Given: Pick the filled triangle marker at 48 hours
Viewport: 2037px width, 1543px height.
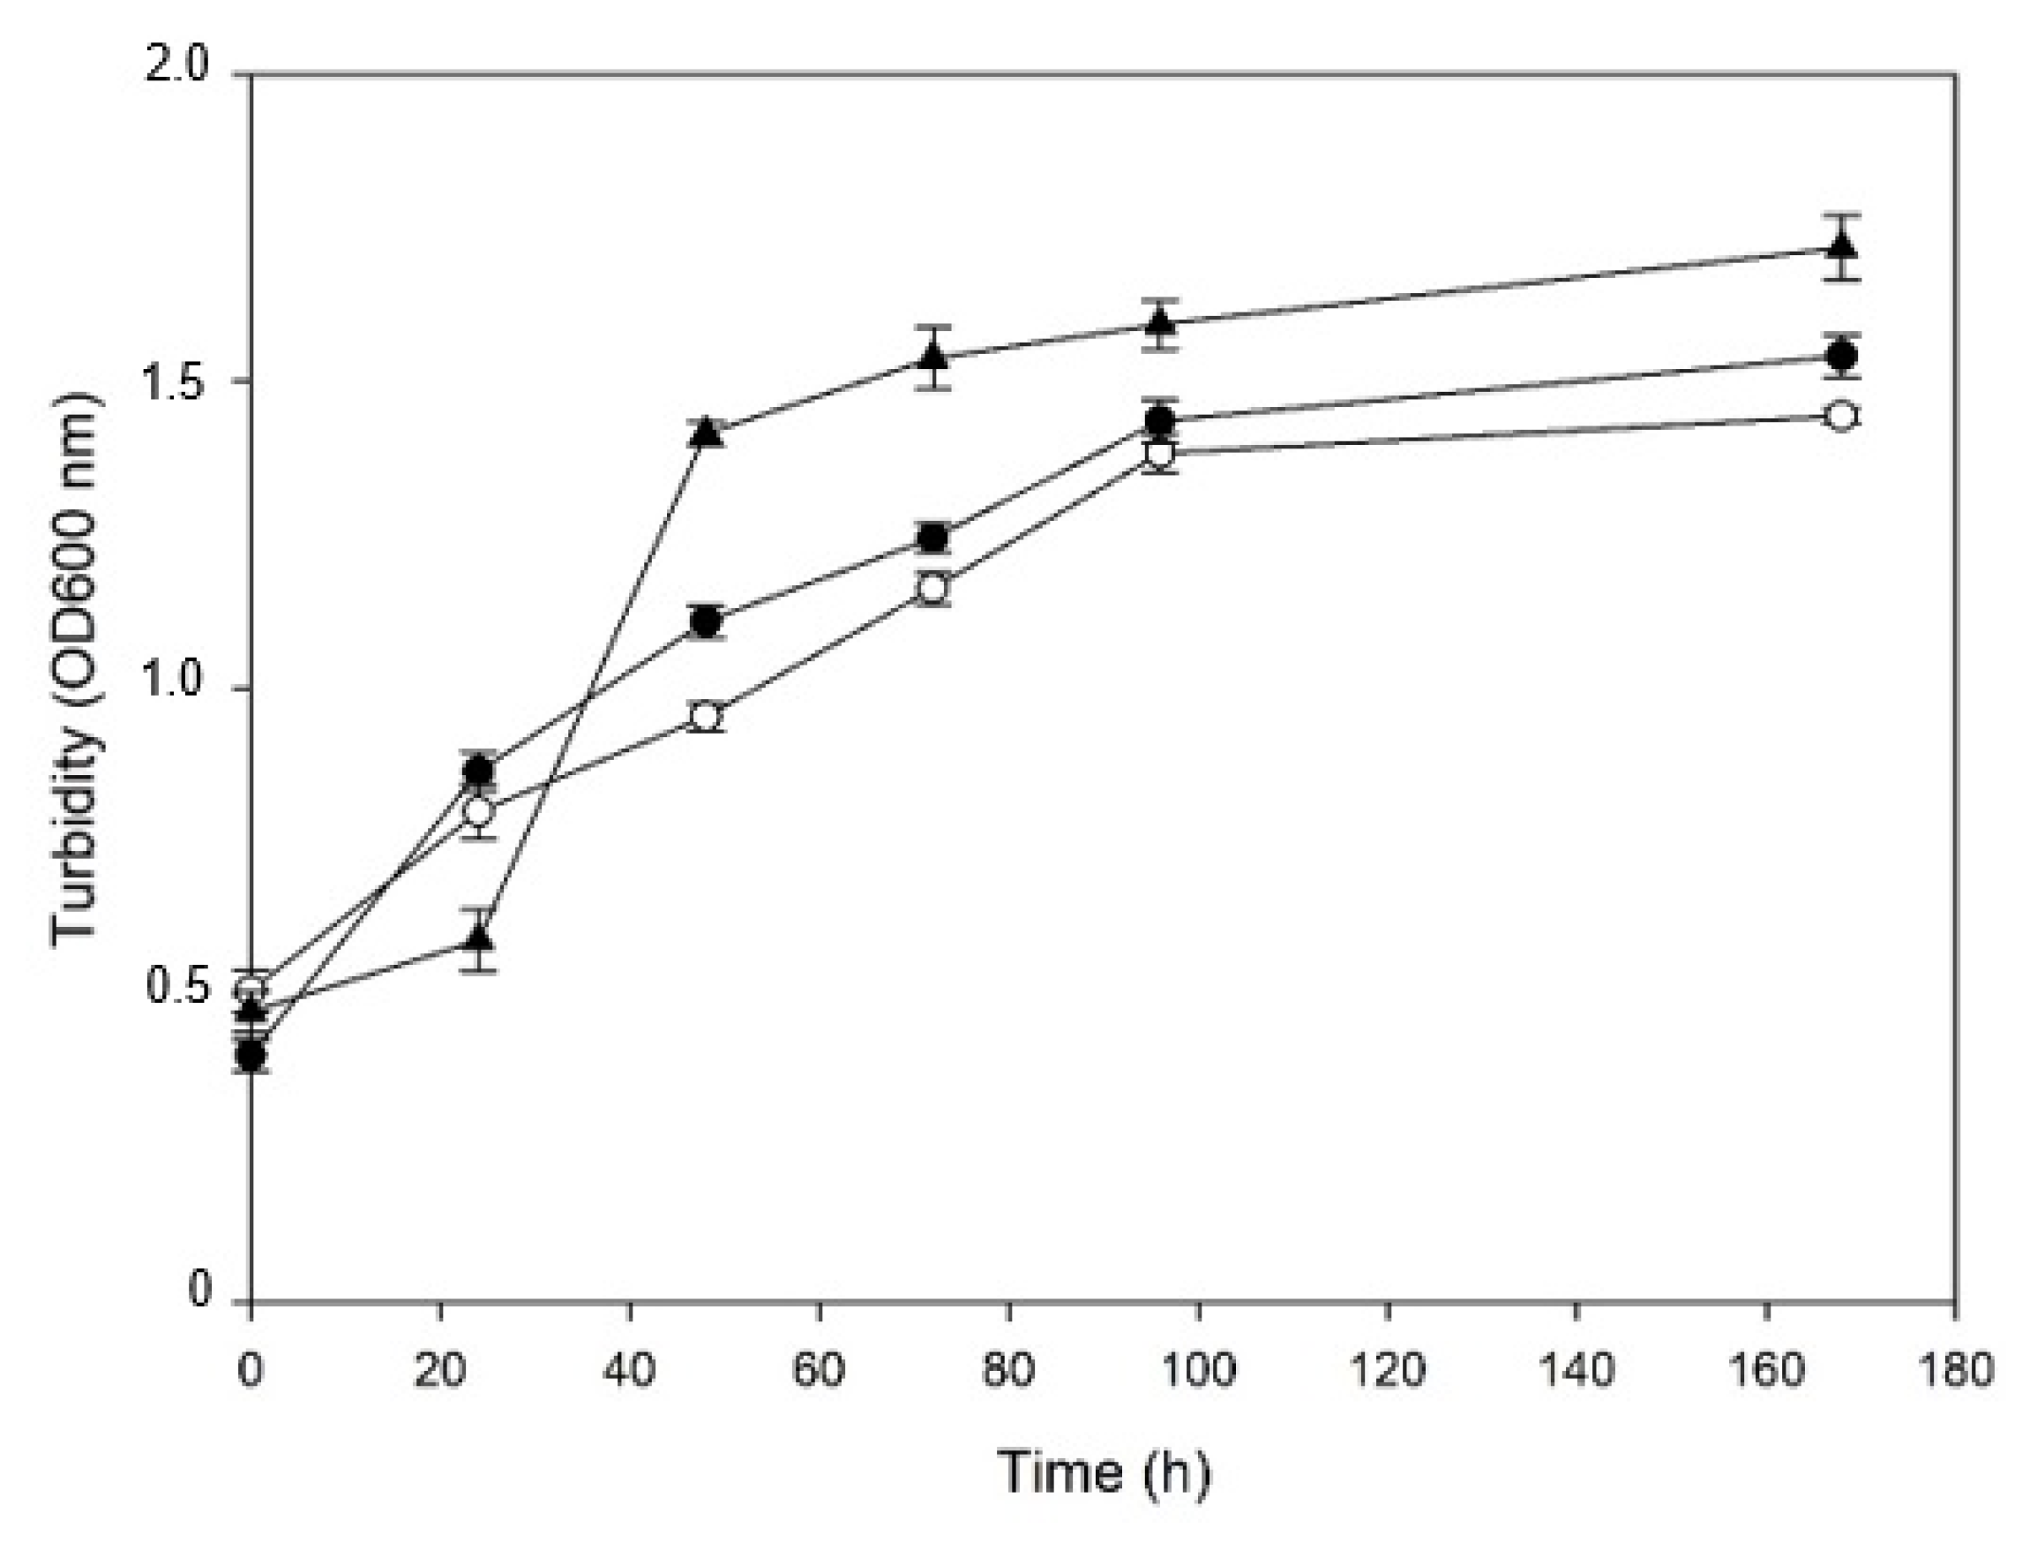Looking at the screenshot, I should (x=707, y=432).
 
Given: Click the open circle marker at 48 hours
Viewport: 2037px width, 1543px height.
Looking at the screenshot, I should (x=706, y=716).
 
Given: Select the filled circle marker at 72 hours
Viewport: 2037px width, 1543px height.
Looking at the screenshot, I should (x=932, y=538).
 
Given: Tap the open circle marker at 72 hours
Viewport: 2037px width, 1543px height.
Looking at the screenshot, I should (x=932, y=587).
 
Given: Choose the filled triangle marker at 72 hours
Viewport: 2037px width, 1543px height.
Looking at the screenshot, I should (x=932, y=357).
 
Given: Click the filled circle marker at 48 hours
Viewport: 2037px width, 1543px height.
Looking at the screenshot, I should (x=706, y=622).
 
